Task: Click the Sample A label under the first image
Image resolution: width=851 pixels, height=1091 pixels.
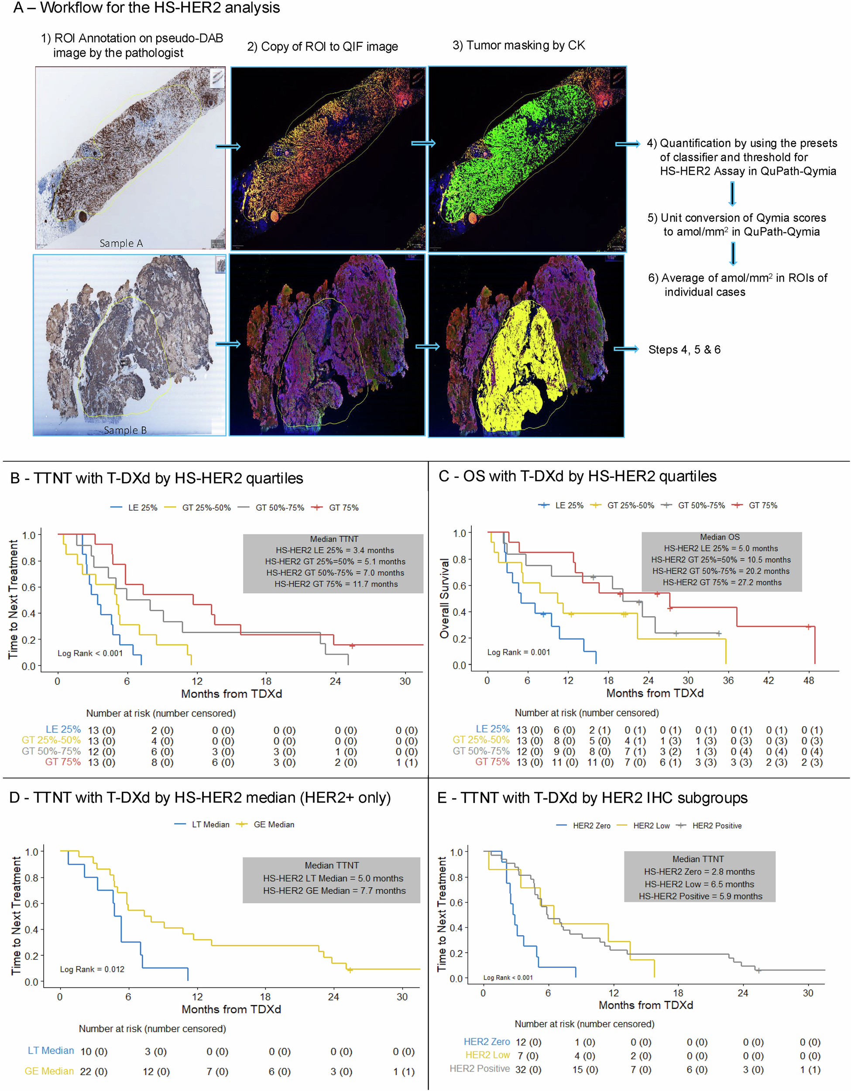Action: [x=121, y=243]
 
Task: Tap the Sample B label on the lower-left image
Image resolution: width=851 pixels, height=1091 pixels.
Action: [x=125, y=430]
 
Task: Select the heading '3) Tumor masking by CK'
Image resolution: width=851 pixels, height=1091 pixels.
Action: [x=518, y=45]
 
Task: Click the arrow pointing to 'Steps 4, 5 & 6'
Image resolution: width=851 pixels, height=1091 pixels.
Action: [x=626, y=349]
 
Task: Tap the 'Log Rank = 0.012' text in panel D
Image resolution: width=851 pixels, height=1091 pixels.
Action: [x=92, y=969]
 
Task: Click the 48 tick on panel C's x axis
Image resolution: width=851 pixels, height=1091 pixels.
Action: [x=808, y=680]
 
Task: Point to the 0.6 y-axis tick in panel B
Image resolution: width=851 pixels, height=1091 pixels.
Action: [x=29, y=587]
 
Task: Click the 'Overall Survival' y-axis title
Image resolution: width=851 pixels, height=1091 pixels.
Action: [x=444, y=598]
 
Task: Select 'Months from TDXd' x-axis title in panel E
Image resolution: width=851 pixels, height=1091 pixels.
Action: [x=645, y=1005]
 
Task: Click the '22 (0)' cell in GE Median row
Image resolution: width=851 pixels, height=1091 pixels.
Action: [x=93, y=1071]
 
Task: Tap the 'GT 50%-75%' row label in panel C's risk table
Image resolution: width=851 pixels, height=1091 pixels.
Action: [x=480, y=751]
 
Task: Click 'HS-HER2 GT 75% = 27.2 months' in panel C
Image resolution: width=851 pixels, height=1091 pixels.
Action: [x=722, y=583]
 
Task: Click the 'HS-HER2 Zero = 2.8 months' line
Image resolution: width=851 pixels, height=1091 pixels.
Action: [x=699, y=871]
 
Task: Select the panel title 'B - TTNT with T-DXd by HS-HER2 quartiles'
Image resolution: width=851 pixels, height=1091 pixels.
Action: [x=156, y=478]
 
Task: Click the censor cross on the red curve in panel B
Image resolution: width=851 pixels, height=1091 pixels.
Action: [x=352, y=646]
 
